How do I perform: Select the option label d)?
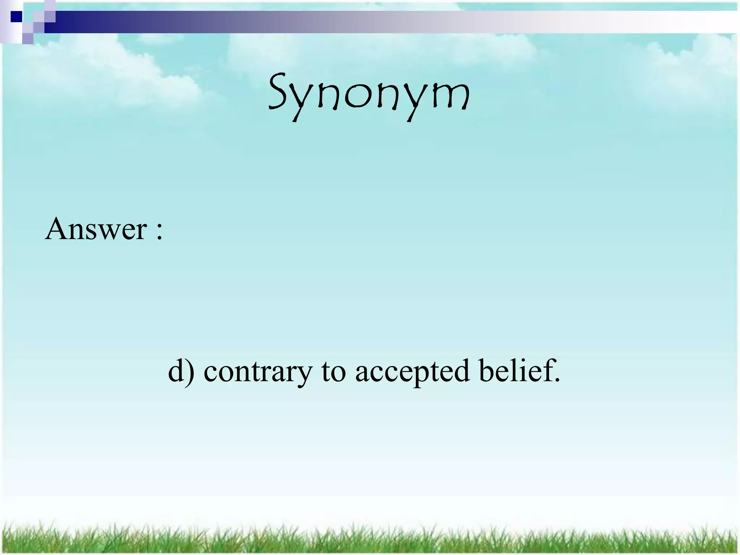pos(181,371)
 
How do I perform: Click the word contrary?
pos(257,372)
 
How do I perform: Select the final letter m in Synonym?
pos(452,98)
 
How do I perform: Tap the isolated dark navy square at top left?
pos(16,17)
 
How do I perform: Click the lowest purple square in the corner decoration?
pos(27,38)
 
